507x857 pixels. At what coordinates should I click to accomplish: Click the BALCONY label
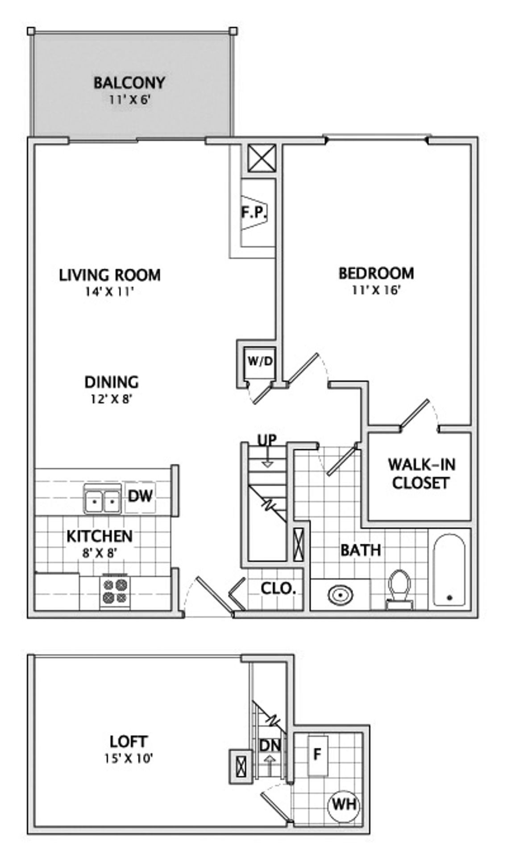(x=129, y=83)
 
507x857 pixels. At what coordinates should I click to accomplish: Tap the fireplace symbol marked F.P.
(x=253, y=212)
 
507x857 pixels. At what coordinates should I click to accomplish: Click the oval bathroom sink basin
(x=340, y=595)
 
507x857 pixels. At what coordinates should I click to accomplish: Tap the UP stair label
(x=267, y=440)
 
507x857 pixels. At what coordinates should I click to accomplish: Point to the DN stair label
(x=270, y=745)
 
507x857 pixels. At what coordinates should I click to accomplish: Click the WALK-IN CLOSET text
(x=421, y=474)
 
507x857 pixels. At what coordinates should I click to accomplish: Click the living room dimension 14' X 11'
(x=110, y=292)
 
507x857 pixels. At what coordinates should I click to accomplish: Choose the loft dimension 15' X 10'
(x=129, y=758)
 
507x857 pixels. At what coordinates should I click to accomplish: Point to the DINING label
(x=112, y=382)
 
